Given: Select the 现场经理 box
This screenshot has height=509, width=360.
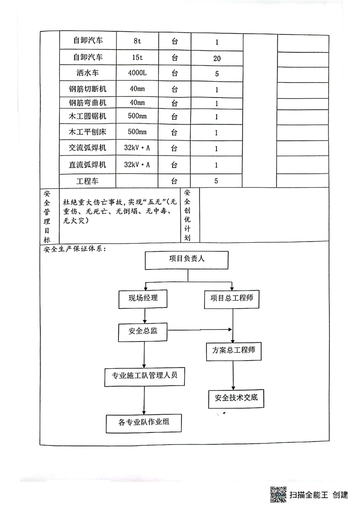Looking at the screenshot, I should tap(143, 299).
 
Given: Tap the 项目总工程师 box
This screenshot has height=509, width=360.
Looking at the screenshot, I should tap(232, 299).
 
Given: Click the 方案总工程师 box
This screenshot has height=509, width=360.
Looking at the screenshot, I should tap(233, 351).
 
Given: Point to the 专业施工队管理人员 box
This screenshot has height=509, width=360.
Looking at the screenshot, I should tap(144, 376).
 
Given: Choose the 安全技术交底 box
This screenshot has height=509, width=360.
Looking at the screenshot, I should tap(236, 398).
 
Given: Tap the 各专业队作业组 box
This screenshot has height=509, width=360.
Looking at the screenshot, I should tap(143, 422).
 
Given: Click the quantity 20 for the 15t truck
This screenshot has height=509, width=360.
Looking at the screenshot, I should tap(217, 58).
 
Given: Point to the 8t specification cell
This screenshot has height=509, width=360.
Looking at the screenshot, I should tap(137, 41).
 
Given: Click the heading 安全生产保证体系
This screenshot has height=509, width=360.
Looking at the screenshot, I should tap(73, 249).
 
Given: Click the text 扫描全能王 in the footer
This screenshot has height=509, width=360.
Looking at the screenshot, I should tap(309, 494).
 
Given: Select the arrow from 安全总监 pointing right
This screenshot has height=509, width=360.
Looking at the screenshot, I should tap(200, 330).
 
